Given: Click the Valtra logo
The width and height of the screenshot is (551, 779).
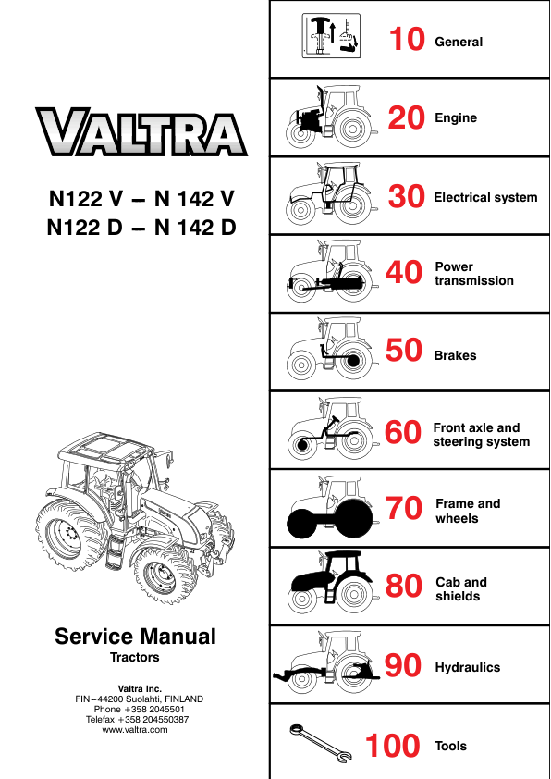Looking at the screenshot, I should click(141, 133).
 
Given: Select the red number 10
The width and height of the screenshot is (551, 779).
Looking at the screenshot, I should click(406, 41).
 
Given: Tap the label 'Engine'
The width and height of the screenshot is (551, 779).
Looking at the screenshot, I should click(456, 118).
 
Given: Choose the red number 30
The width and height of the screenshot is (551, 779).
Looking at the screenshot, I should click(406, 197).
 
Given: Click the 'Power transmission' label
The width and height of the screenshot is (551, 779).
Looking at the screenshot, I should click(473, 274).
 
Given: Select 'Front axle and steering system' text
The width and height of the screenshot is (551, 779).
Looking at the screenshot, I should click(481, 435).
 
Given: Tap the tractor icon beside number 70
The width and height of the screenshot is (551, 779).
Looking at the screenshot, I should click(326, 509).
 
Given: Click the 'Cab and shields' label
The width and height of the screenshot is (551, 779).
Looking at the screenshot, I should click(460, 589).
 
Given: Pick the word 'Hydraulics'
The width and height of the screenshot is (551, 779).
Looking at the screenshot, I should click(467, 667).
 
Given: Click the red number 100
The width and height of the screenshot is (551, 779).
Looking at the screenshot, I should click(393, 746).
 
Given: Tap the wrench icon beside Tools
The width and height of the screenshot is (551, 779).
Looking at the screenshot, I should click(317, 745).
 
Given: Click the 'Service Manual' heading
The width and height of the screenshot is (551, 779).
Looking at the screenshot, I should click(135, 637).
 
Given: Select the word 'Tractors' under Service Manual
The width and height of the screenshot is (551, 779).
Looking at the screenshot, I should click(135, 658).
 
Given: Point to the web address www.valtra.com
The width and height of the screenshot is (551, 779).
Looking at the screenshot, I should click(135, 730).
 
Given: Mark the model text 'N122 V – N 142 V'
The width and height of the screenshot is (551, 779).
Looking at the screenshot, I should click(141, 197).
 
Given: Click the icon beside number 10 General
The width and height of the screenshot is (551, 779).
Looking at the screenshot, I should click(330, 37).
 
